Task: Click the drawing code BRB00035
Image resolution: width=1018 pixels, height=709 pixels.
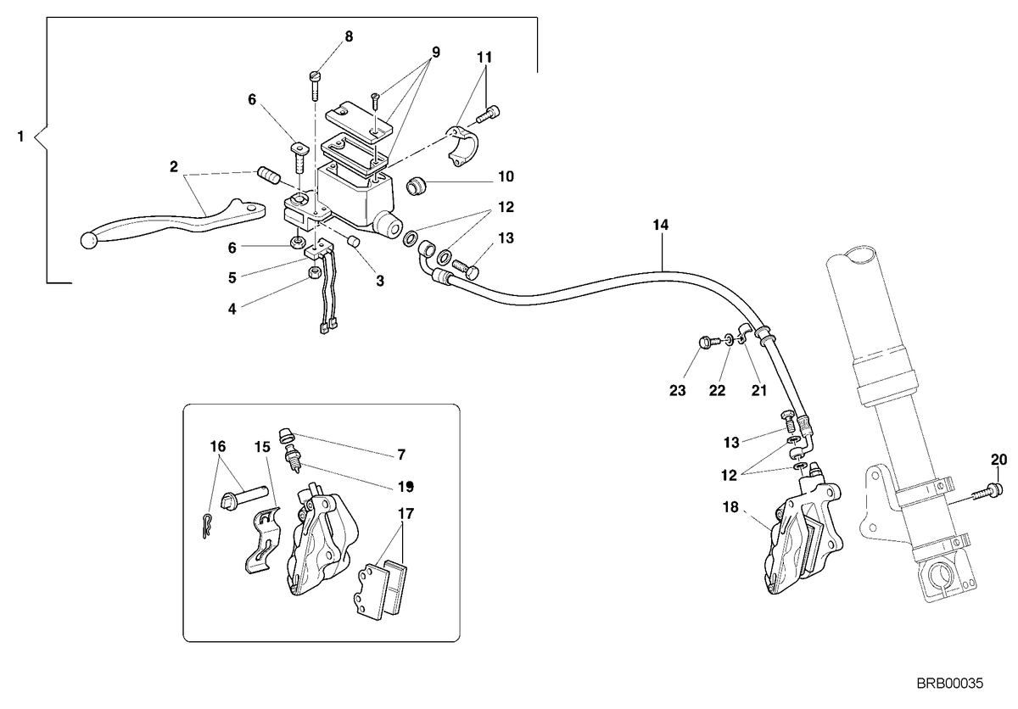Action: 950,683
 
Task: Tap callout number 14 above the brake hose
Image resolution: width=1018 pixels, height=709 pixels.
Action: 661,225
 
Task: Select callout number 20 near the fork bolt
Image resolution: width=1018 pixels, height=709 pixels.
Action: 999,461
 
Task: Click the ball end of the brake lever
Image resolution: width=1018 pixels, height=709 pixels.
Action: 88,240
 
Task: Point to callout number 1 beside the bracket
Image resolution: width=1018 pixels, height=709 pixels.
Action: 20,136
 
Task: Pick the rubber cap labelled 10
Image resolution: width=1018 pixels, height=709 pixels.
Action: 415,187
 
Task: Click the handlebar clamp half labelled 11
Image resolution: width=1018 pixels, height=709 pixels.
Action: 462,146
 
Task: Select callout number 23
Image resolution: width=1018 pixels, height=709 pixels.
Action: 678,391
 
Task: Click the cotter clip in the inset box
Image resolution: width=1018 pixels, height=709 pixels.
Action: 207,526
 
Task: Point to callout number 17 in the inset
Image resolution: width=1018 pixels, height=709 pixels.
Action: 406,514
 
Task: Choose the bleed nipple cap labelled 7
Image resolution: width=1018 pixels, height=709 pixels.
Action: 285,435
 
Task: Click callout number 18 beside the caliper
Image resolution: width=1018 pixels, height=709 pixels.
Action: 730,507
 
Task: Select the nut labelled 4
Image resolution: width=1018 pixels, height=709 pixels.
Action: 315,273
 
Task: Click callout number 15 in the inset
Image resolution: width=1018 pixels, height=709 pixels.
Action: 262,447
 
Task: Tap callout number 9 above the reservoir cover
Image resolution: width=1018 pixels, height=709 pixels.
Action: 436,53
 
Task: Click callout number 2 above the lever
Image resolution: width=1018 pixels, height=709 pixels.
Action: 174,167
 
